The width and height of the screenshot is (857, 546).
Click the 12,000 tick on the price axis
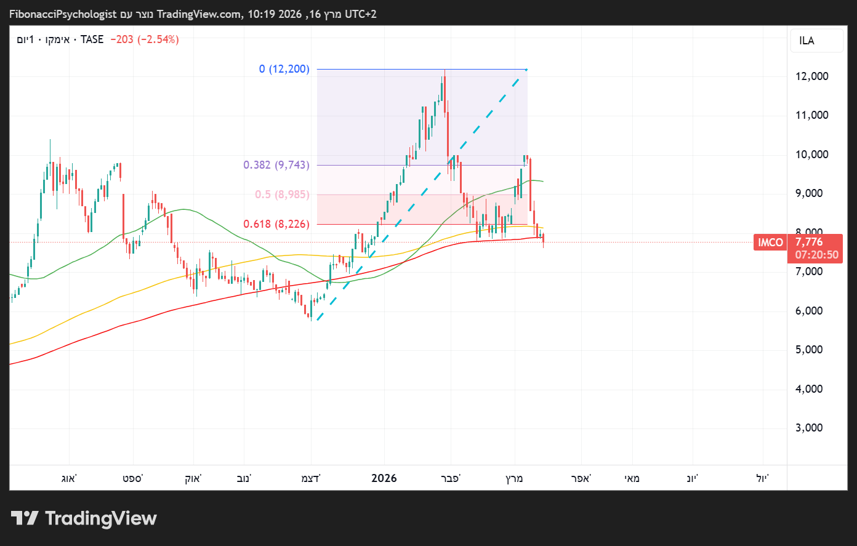[x=811, y=76]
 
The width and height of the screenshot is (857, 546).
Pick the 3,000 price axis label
[x=809, y=428]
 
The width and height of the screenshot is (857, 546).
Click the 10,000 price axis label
[x=811, y=155]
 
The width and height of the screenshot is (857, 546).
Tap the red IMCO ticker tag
[x=770, y=243]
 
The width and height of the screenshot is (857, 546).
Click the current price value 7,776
[x=808, y=242]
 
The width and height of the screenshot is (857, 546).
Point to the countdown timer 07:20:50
[x=816, y=255]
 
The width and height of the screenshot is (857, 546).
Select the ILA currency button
[x=807, y=41]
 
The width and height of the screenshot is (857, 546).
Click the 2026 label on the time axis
[x=384, y=478]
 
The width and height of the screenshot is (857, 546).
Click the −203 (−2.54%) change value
[x=145, y=39]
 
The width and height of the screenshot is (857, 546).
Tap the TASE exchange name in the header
[x=92, y=39]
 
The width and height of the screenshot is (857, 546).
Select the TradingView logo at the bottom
[x=84, y=518]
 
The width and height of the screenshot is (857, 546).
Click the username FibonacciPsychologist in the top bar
[x=63, y=14]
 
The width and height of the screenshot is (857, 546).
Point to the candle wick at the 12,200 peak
[x=445, y=73]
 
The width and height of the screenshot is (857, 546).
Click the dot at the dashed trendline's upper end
[x=526, y=70]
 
